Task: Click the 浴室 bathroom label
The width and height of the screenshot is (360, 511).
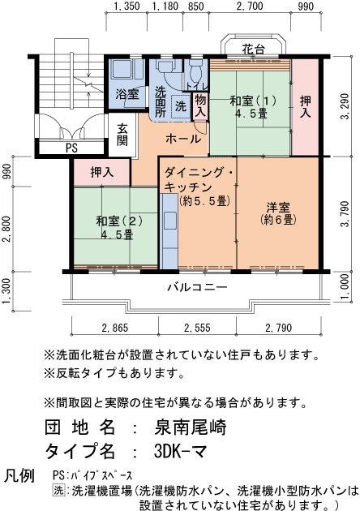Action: coord(127,94)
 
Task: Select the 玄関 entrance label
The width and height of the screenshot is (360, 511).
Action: coord(122,135)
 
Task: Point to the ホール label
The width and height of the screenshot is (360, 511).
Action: coord(183,139)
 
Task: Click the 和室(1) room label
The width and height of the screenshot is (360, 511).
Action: coord(253,100)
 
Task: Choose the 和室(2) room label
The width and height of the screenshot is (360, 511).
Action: coord(119,221)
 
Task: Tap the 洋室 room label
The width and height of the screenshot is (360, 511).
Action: coord(278,208)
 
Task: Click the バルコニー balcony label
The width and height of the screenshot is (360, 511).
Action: coord(197,287)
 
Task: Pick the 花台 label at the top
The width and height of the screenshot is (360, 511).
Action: coord(253,49)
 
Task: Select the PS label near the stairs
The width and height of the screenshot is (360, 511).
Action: coord(71,148)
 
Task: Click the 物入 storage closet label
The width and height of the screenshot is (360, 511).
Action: coord(200,106)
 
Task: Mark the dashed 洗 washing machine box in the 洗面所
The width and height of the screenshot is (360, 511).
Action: coord(181,106)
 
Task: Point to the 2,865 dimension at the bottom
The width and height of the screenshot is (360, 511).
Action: coord(114,328)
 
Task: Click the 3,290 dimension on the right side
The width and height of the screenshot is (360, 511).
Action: coord(345,106)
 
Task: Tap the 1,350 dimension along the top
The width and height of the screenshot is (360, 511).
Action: coord(127,6)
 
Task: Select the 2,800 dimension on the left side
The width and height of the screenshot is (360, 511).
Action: coord(6,229)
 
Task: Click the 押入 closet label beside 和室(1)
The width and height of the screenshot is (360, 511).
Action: coord(305,106)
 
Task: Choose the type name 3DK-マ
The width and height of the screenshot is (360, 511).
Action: coord(180,451)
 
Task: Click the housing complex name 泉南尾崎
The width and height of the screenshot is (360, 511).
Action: coord(190,427)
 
